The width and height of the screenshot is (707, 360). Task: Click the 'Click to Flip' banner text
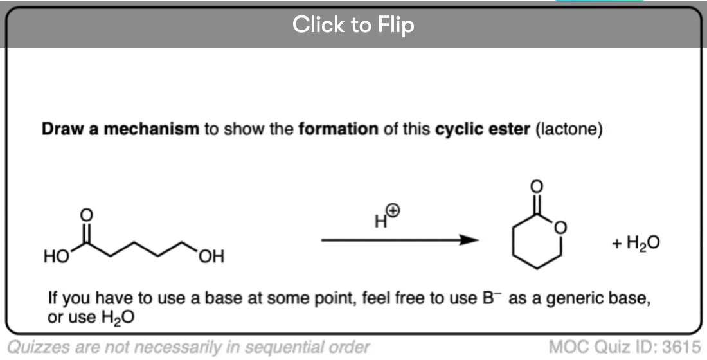[x=353, y=24]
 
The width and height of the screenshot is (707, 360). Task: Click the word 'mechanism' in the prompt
[x=152, y=129]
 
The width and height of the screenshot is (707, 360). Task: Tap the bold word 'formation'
[x=338, y=129]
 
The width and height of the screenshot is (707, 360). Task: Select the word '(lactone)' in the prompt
[x=569, y=130]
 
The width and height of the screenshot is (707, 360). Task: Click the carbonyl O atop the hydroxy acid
[x=86, y=215]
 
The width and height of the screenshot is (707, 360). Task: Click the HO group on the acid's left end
[x=56, y=256]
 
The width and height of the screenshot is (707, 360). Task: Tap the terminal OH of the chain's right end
[x=211, y=256]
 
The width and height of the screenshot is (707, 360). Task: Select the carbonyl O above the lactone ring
[x=537, y=186]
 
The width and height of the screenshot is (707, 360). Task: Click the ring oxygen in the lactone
[x=560, y=228]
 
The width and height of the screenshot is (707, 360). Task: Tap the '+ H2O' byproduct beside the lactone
[x=636, y=243]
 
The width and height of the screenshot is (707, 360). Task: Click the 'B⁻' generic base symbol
[x=490, y=298]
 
